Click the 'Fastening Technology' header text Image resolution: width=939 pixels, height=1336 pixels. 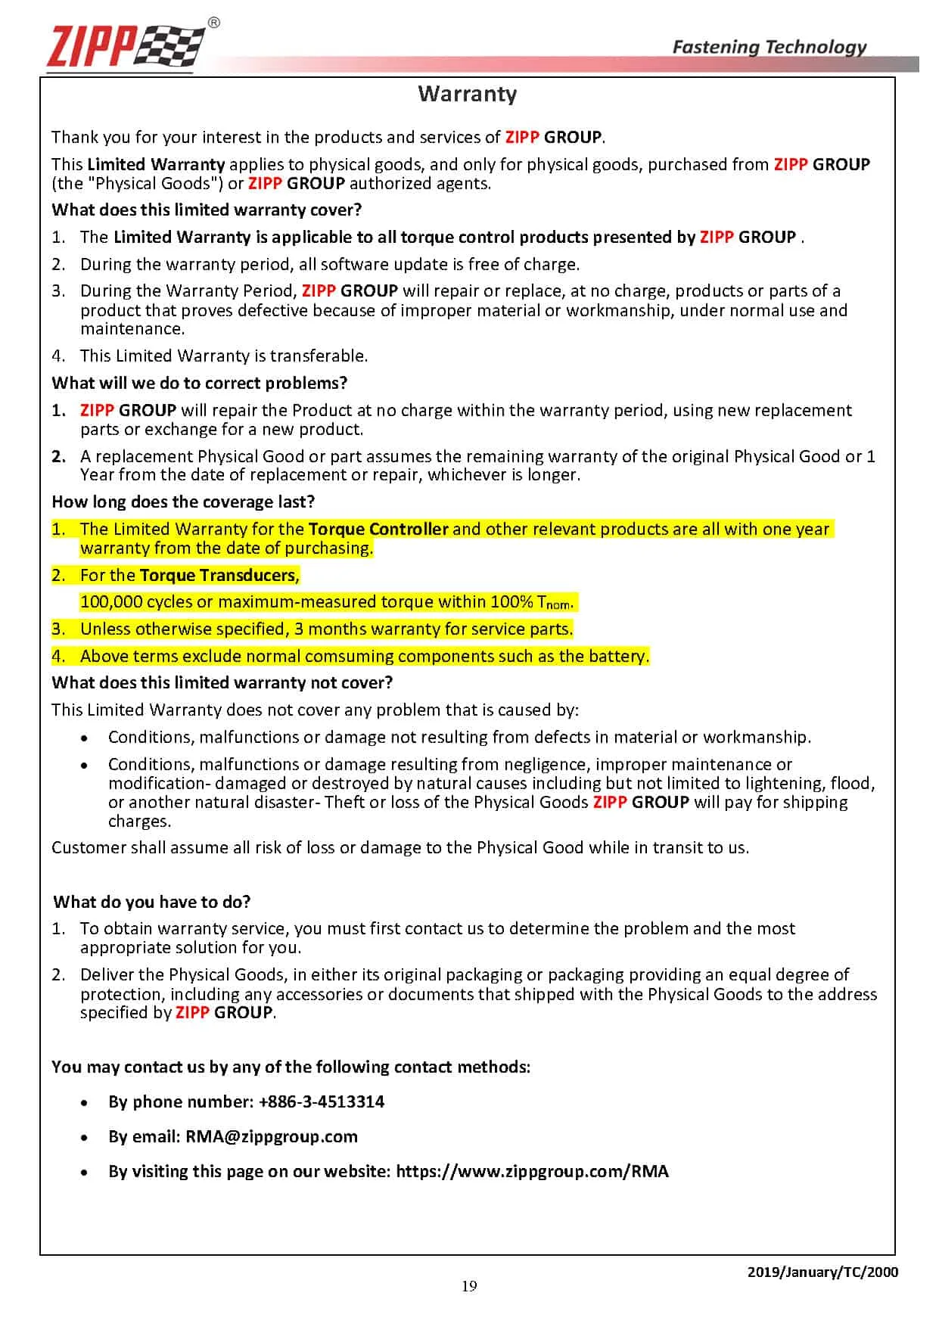(769, 47)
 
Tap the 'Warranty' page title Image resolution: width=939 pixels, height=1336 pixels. (467, 94)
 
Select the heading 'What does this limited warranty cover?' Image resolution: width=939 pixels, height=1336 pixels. (207, 210)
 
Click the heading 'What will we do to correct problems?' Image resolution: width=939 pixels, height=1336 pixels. (199, 383)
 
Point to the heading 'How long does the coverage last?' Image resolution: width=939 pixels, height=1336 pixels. (183, 502)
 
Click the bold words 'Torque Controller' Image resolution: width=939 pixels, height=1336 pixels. (378, 529)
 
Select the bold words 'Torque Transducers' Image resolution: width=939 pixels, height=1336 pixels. (218, 575)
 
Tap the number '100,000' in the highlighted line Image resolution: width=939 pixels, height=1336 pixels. (110, 602)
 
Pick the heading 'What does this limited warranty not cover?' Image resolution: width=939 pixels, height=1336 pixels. (222, 682)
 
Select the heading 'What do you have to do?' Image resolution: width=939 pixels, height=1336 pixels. (151, 902)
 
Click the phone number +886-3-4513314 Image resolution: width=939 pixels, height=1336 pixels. (321, 1101)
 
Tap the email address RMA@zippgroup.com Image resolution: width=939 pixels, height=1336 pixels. (272, 1136)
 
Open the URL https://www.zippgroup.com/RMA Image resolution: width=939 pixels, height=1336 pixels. (532, 1171)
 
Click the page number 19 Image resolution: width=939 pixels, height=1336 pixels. (469, 1286)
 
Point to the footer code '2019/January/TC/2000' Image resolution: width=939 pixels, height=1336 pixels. (822, 1272)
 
